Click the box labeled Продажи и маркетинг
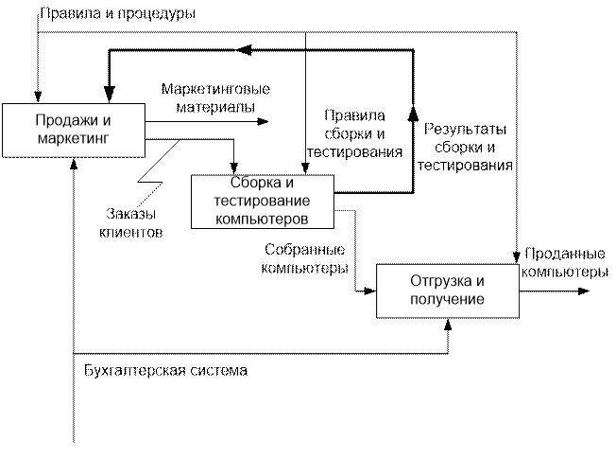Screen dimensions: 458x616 coord(74,130)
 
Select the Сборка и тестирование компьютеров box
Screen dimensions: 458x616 coord(264,200)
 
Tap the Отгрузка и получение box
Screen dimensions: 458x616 coord(448,291)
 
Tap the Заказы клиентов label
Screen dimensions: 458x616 coord(132,222)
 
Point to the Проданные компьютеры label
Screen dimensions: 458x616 coord(564,263)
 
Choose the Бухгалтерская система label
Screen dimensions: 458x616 coord(165,369)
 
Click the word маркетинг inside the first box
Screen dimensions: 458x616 coord(74,139)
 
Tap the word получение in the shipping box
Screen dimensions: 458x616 coord(448,299)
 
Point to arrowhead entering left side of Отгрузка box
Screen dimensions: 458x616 coord(372,291)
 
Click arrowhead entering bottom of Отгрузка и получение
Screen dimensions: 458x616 coord(449,324)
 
